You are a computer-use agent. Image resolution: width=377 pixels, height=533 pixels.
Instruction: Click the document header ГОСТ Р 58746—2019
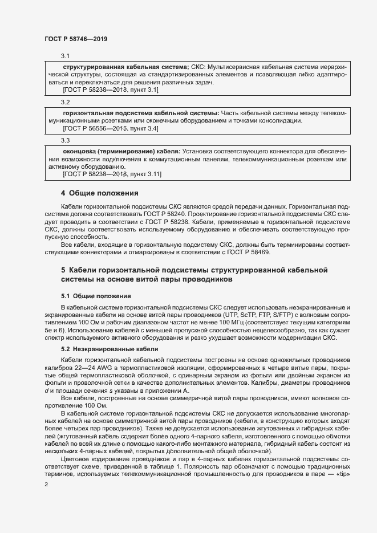(x=75, y=39)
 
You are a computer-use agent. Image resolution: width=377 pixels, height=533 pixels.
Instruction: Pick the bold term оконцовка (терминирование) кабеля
(x=121, y=150)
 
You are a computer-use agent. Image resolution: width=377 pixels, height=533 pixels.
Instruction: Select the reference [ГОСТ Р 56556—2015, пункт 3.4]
(x=110, y=128)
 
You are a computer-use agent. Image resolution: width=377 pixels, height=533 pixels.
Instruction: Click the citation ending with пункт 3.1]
(x=110, y=90)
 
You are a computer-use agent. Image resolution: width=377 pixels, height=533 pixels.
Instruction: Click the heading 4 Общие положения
(x=100, y=193)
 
